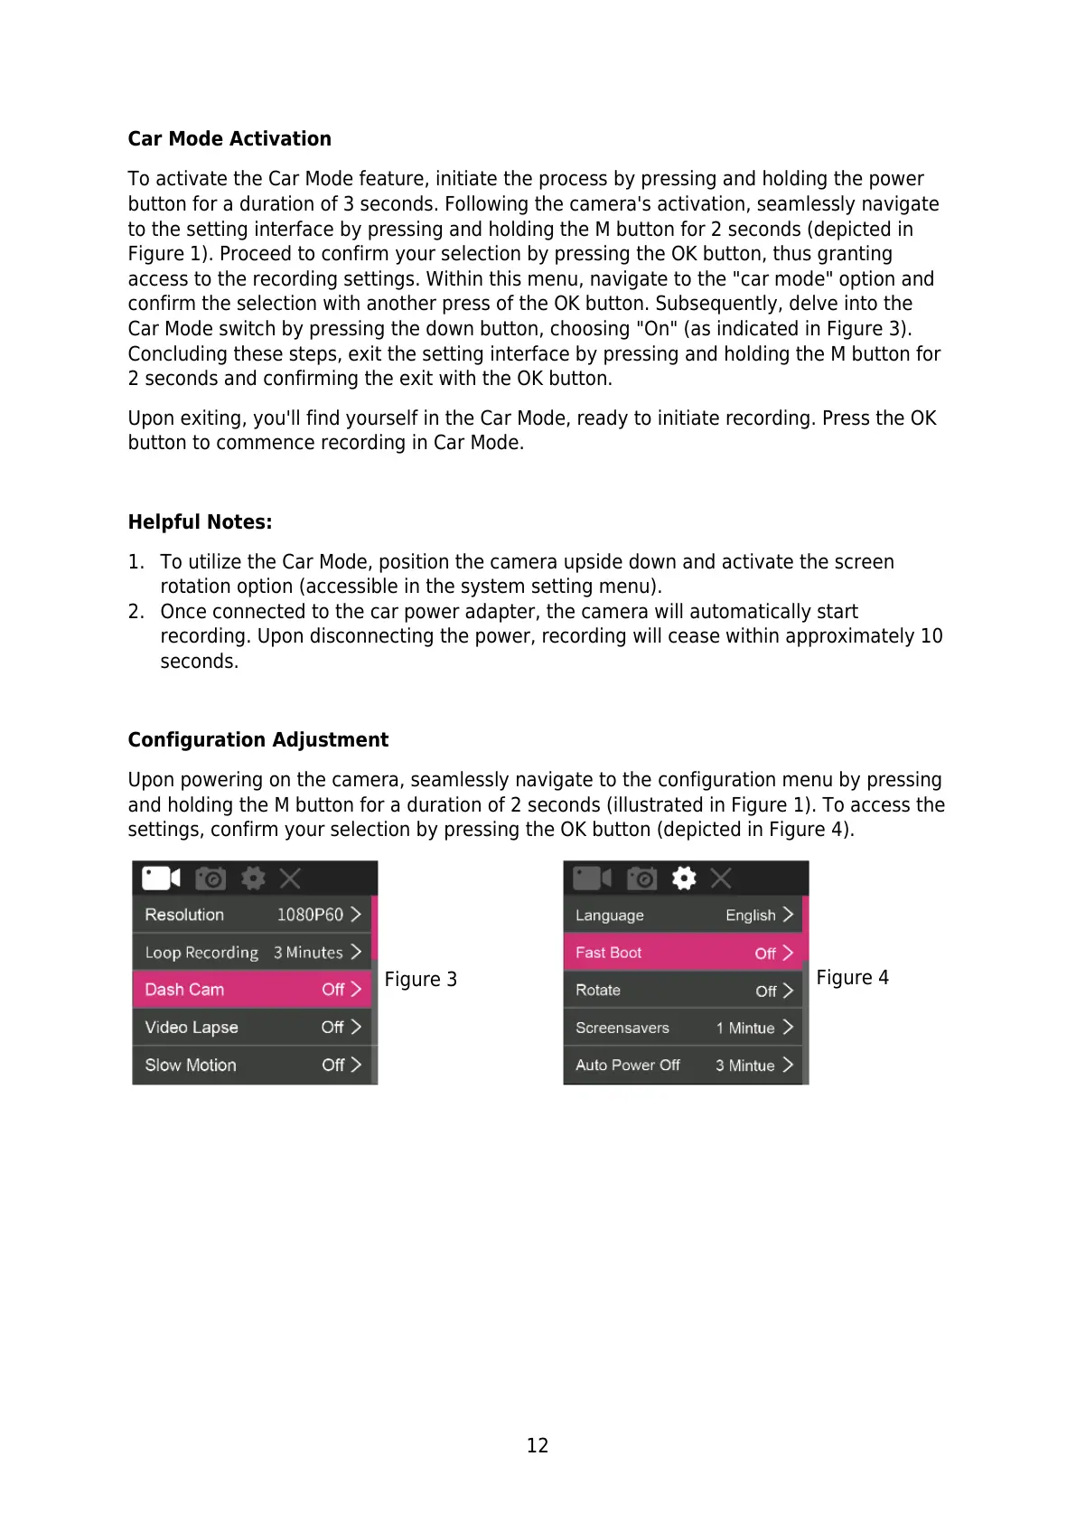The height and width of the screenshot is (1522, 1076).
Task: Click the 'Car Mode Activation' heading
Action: pos(229,139)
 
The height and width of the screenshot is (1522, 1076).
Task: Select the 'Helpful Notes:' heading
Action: pos(200,522)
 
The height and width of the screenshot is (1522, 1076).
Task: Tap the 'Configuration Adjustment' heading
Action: pos(257,740)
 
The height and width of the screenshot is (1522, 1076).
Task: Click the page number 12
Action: pos(538,1445)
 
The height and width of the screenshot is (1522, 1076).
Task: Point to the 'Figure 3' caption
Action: pos(420,980)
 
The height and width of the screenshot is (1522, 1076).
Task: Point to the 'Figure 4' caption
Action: pos(852,978)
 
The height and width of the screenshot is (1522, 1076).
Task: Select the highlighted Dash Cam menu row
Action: pos(252,990)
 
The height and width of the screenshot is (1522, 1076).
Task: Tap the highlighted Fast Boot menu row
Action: pos(683,953)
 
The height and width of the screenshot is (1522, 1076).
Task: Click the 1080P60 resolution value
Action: pos(310,915)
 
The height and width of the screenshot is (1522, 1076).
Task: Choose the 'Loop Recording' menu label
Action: pos(201,953)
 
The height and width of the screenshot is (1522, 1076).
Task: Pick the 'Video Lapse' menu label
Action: pos(192,1028)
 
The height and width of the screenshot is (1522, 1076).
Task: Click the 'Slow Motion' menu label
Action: pos(191,1066)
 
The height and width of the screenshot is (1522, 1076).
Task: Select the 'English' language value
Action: pos(750,916)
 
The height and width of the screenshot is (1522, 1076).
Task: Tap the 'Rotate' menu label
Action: pos(598,991)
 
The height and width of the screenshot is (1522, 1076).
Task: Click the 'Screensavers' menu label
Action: pos(622,1029)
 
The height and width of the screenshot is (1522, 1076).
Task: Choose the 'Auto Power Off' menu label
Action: pos(628,1066)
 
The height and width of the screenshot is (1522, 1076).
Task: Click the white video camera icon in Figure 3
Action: pos(161,878)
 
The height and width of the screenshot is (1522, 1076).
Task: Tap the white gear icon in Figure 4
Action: pos(684,878)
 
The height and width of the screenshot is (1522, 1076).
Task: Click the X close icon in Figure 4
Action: pos(721,878)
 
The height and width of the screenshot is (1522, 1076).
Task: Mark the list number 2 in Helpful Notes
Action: pos(136,612)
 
